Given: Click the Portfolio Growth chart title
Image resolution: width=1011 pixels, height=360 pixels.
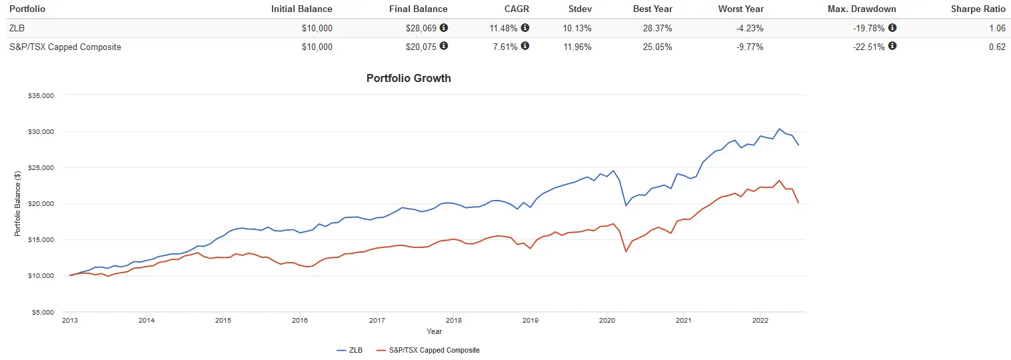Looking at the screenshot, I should [x=409, y=78].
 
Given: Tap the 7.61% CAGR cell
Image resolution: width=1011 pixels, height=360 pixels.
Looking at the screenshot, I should [x=505, y=47].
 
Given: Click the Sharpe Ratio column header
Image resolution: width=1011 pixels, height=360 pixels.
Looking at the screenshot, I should [x=980, y=9].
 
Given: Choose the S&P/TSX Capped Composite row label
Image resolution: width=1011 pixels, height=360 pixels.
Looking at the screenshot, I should [x=65, y=47].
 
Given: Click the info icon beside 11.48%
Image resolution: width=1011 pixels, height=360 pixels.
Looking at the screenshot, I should [x=524, y=28].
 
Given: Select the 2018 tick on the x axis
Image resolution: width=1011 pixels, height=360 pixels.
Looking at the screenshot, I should [x=453, y=320].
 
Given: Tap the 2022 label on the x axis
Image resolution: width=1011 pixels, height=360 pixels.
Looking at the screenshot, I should [x=760, y=320].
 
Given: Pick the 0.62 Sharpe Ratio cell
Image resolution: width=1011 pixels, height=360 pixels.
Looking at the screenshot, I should [x=997, y=47].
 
